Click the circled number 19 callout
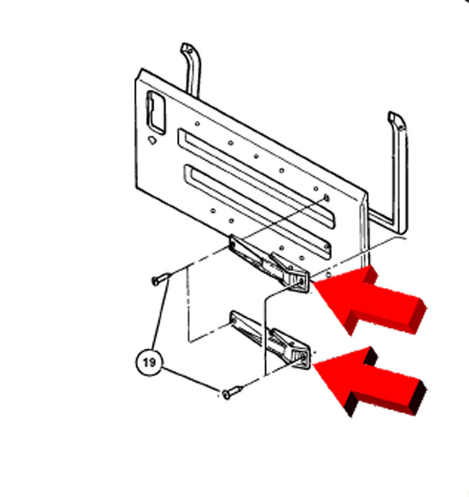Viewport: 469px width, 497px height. pos(149,362)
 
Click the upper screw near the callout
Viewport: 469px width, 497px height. pos(161,278)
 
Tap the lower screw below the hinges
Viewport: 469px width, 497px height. pos(232,392)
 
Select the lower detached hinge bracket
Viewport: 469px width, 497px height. pos(270,340)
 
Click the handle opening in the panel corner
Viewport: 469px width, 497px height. pos(157,112)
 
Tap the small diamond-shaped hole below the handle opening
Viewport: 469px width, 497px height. pos(152,139)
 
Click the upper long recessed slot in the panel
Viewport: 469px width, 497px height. pos(256,178)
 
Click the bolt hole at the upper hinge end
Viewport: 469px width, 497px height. pos(301,281)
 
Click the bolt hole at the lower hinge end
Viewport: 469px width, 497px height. pos(302,357)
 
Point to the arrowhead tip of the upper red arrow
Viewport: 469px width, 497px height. pos(312,283)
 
